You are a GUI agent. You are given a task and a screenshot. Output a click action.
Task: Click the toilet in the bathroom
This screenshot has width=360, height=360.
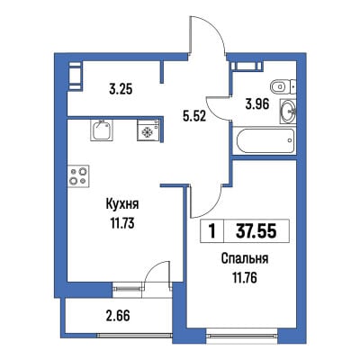click(x=283, y=87)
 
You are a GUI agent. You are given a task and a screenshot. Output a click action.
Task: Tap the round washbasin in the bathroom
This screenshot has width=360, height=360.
click(x=288, y=112)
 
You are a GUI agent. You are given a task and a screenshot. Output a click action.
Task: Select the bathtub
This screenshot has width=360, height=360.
click(x=265, y=141)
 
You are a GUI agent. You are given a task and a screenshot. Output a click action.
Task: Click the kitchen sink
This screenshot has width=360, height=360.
click(x=102, y=130)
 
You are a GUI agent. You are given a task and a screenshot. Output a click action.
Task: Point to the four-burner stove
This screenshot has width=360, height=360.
click(x=78, y=176)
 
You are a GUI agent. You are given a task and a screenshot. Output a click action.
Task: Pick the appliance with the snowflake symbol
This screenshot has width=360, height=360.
click(x=148, y=130)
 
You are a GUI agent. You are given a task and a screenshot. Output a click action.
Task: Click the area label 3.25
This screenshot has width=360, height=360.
click(x=121, y=89)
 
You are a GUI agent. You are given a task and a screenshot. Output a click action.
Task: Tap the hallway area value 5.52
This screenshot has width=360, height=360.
click(x=194, y=115)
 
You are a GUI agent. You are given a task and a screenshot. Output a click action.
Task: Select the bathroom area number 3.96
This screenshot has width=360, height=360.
click(x=256, y=104)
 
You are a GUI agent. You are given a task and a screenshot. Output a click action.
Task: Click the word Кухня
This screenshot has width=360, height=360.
click(x=122, y=205)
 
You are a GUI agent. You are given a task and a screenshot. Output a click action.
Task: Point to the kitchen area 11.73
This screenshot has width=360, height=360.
click(x=122, y=223)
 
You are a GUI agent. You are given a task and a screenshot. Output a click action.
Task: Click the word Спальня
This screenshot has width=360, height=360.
click(x=245, y=259)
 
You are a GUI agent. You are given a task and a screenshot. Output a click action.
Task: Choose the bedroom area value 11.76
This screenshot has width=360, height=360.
click(x=245, y=278)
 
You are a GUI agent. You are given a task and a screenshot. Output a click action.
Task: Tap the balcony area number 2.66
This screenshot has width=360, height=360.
click(x=118, y=316)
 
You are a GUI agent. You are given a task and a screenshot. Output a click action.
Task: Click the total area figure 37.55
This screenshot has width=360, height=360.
click(x=256, y=231)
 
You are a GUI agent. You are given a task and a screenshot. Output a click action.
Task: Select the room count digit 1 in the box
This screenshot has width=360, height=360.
click(x=212, y=231)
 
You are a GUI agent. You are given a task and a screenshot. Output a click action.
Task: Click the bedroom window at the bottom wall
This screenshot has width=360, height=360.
click(x=242, y=334)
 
